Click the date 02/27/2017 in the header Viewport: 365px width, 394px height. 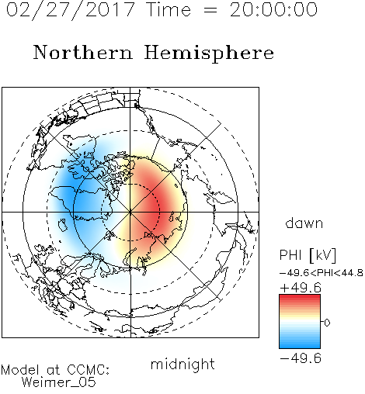point(70,10)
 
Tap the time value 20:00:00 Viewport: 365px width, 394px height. point(273,9)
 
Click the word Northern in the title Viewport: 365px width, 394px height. point(83,52)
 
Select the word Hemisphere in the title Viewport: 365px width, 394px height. point(209,54)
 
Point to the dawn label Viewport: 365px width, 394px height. point(304,223)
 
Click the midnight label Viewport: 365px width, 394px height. point(182,365)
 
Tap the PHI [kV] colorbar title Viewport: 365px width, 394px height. point(308,255)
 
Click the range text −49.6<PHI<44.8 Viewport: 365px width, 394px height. point(322,273)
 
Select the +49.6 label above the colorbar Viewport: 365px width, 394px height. point(301,288)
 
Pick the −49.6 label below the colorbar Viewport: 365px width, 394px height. point(301,358)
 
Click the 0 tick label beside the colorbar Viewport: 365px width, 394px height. point(327,323)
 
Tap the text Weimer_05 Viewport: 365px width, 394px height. point(59,382)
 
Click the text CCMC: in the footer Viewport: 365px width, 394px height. point(89,370)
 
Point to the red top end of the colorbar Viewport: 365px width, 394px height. point(300,297)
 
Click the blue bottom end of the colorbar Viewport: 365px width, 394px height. point(300,346)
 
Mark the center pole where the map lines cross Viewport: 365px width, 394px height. point(130,212)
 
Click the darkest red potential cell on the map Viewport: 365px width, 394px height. point(155,207)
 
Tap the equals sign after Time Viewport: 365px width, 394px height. point(210,10)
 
